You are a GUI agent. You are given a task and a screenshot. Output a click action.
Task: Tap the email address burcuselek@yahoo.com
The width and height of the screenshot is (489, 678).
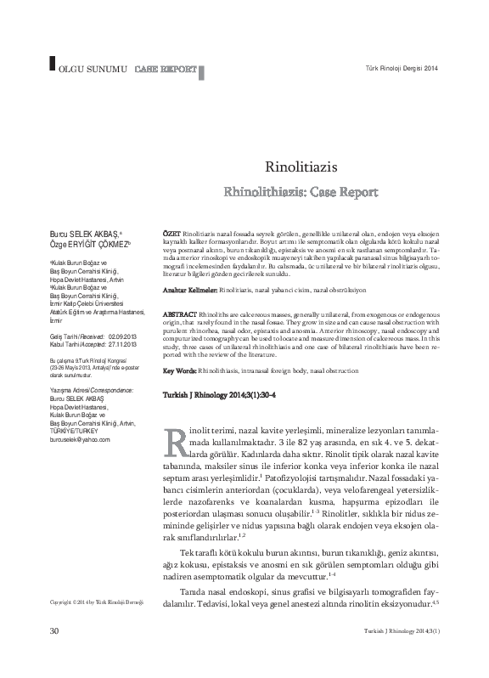click(81, 440)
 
